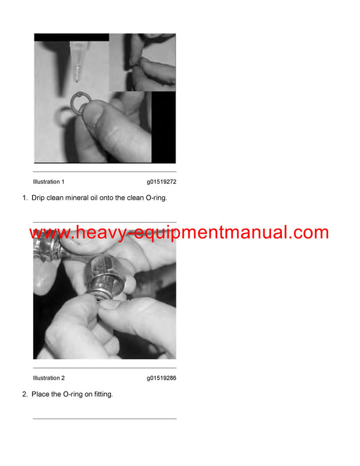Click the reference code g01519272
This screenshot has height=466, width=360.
(161, 181)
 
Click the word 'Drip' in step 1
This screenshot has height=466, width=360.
(40, 197)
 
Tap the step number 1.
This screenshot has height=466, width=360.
(25, 197)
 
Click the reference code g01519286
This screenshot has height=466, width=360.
(161, 378)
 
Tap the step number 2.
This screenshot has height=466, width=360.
(25, 394)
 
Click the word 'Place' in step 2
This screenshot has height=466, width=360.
(41, 394)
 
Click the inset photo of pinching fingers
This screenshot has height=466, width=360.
(142, 62)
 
